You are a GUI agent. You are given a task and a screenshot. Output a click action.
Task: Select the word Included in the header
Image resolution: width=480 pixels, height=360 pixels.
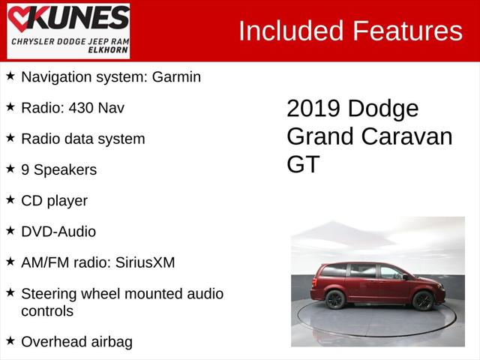tap(287, 31)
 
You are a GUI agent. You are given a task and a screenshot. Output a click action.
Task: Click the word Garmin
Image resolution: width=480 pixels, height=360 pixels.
tap(176, 76)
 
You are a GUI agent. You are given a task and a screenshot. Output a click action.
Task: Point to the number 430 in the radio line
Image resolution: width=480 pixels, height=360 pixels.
tap(82, 107)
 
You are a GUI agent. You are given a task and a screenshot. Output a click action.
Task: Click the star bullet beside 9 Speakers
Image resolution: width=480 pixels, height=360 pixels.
tap(10, 169)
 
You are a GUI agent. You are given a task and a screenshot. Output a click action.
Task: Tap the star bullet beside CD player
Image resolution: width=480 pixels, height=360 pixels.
tap(10, 200)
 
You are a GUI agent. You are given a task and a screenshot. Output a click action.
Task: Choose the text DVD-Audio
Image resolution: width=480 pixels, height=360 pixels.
tap(58, 232)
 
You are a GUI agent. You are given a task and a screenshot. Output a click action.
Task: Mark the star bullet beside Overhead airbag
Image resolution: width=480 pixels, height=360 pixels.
tap(10, 341)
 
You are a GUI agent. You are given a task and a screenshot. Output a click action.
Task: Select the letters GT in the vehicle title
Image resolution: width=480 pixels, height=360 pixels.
tap(303, 164)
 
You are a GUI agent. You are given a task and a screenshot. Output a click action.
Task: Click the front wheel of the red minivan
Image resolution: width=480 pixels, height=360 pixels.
tap(423, 300)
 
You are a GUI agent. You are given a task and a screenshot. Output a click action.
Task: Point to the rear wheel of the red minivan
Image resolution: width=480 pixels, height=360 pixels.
tap(335, 300)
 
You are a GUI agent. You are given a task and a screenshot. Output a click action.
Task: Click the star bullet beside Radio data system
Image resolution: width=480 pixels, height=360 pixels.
tap(10, 138)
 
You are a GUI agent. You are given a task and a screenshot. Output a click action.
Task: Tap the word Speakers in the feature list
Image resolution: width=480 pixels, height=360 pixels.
tap(64, 169)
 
